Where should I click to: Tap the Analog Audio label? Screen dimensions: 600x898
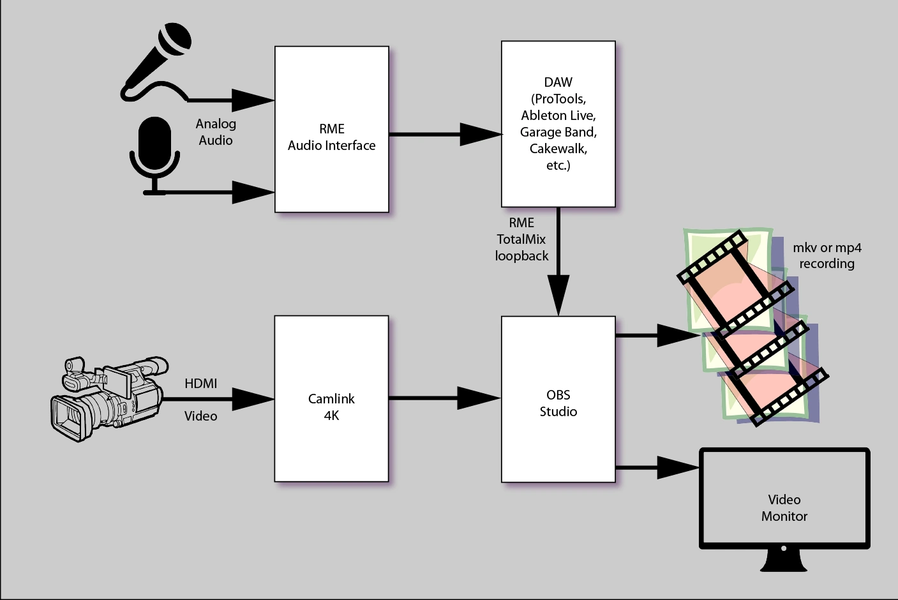click(x=216, y=132)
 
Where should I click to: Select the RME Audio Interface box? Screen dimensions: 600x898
click(x=331, y=130)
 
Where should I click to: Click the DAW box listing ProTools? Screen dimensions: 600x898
click(x=558, y=124)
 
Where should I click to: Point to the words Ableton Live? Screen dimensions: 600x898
click(x=558, y=116)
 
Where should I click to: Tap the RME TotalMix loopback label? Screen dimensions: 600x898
click(x=521, y=239)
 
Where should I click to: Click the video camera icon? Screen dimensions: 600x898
click(x=109, y=398)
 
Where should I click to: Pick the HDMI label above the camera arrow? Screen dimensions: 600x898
click(x=200, y=384)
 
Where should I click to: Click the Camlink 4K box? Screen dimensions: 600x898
click(x=331, y=398)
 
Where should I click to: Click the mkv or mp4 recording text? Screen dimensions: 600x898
click(x=827, y=255)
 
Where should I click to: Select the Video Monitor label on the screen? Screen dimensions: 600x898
click(x=784, y=508)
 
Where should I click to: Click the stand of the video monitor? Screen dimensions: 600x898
click(x=784, y=561)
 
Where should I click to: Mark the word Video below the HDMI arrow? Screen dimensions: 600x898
click(x=200, y=416)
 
